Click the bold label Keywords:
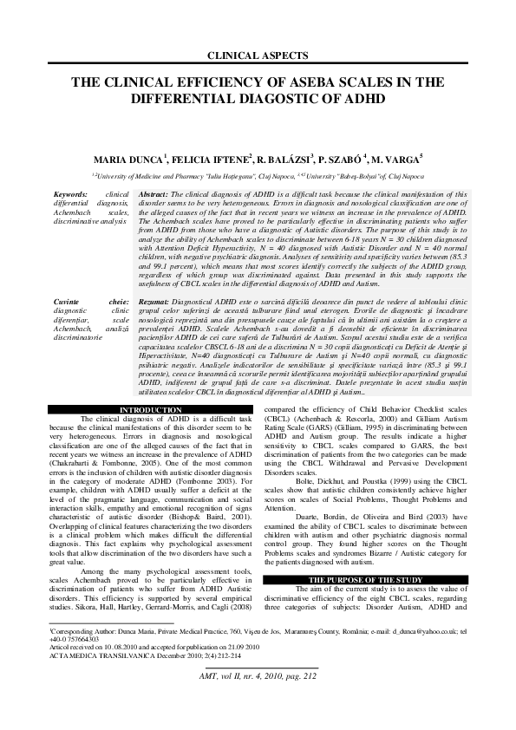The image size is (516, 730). (70, 195)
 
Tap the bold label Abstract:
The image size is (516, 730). (154, 195)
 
